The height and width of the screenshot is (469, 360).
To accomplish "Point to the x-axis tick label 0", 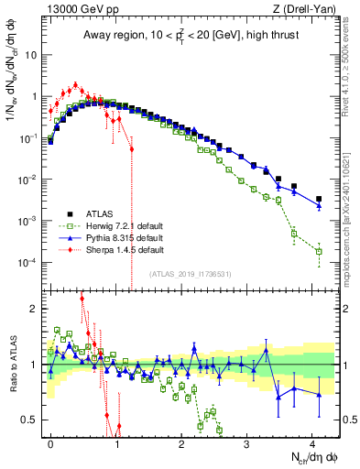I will tap(50, 442).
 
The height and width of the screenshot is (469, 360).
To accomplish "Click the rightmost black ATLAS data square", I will tap(319, 199).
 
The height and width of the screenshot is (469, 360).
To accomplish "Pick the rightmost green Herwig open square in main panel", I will tap(319, 251).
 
